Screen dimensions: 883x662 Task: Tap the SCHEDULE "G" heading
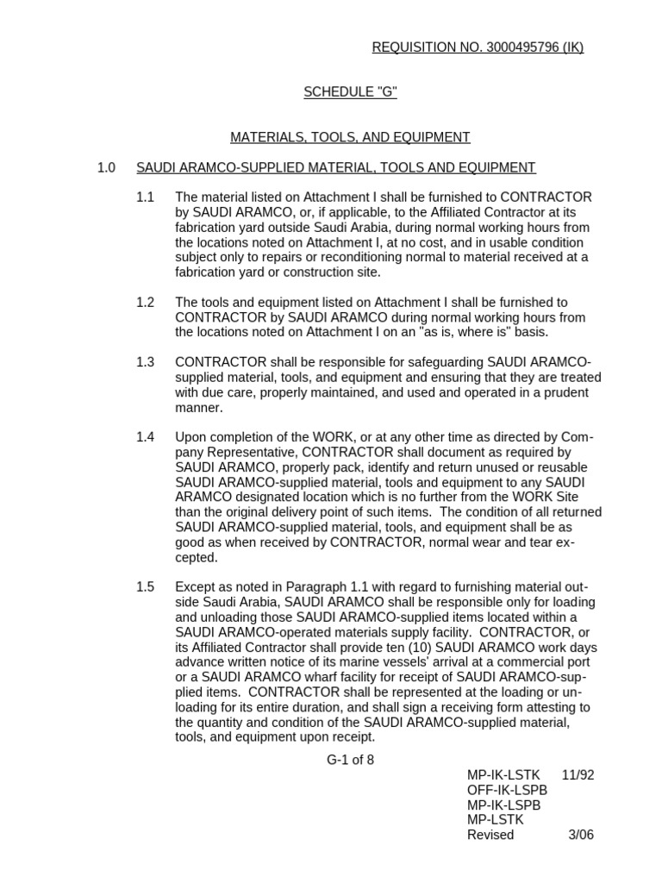click(x=350, y=92)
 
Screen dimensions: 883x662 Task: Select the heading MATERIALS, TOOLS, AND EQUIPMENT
click(x=350, y=137)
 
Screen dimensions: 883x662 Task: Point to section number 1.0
click(x=106, y=167)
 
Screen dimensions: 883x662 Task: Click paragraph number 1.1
click(x=145, y=197)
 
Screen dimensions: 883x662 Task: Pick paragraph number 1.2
click(x=145, y=303)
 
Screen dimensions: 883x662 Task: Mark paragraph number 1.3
click(x=145, y=362)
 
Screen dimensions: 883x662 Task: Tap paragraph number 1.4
click(x=145, y=437)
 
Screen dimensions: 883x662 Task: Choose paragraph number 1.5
click(x=145, y=586)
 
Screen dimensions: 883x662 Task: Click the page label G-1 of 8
click(x=350, y=760)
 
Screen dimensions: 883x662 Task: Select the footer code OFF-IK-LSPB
click(x=507, y=790)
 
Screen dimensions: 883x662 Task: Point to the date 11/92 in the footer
click(x=578, y=774)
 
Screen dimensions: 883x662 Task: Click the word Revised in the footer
click(x=490, y=835)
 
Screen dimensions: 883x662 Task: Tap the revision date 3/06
click(x=581, y=835)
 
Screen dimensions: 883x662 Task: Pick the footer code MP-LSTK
click(x=496, y=820)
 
